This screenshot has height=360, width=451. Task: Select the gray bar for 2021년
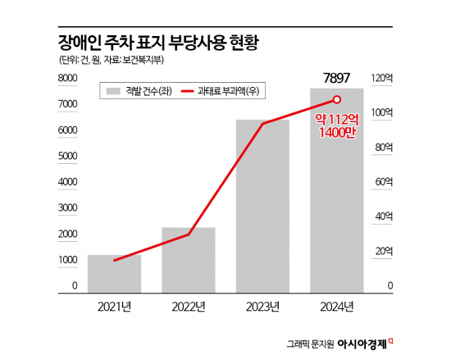point(114,272)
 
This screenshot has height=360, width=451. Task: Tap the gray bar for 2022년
point(189,258)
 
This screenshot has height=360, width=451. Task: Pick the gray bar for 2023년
point(262,205)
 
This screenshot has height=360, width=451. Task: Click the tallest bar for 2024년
point(336,197)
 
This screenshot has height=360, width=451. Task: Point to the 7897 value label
point(336,78)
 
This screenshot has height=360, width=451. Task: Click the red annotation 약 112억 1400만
point(336,125)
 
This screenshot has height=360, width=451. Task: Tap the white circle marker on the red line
point(336,100)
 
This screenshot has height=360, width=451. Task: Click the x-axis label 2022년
point(189,307)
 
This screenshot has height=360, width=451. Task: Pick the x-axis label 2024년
point(336,307)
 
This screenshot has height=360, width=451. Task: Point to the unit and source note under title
point(119,60)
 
